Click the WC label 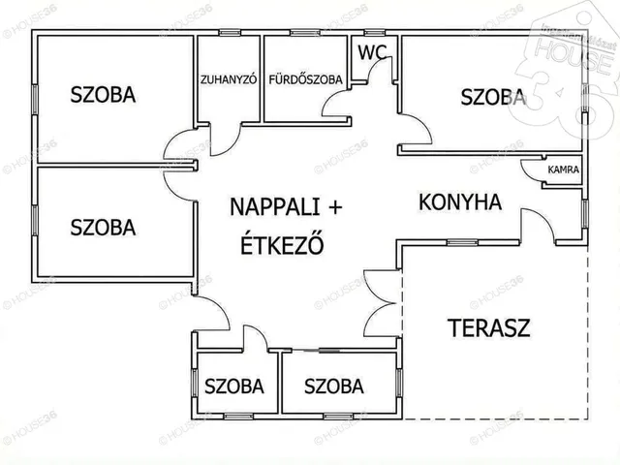(371, 53)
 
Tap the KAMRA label (563, 170)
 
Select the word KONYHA (460, 202)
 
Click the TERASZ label (489, 326)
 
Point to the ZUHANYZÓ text (228, 80)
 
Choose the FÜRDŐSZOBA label (305, 80)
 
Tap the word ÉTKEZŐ (281, 243)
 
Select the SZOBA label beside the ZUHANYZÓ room (103, 95)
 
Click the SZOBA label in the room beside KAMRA (493, 96)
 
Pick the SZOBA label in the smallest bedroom (233, 387)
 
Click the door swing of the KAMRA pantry (532, 171)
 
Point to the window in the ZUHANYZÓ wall (230, 33)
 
